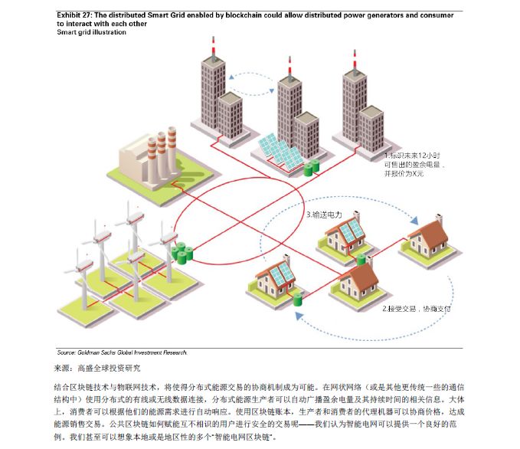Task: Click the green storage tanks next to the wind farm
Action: (x=182, y=252)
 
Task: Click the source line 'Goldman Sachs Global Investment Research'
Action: (x=122, y=352)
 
